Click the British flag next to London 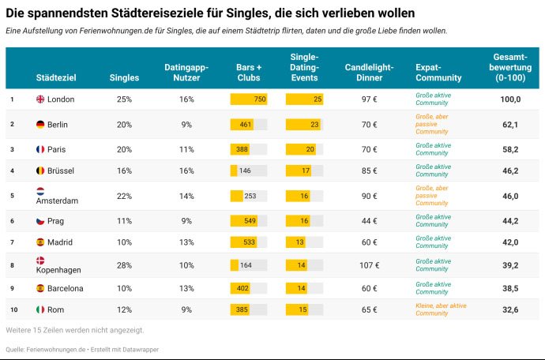click(41, 99)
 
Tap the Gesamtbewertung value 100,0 click(510, 99)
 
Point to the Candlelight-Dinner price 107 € click(370, 265)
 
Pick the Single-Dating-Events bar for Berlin click(303, 125)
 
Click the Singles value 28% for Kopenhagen click(124, 265)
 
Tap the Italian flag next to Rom click(41, 310)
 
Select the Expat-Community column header click(438, 73)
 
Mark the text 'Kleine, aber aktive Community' click(441, 309)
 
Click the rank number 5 click(12, 195)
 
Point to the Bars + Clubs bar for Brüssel click(234, 171)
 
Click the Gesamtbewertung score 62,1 click(510, 125)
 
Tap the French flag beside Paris click(41, 149)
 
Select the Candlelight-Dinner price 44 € click(370, 221)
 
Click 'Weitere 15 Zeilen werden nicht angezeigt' click(75, 329)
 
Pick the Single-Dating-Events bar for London click(304, 99)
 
